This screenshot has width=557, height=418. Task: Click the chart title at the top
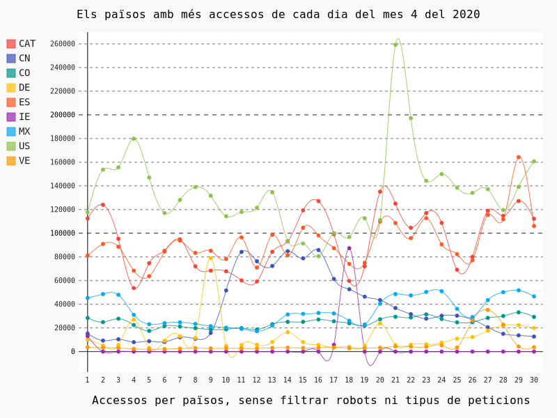(278, 15)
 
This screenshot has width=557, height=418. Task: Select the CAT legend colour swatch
(11, 44)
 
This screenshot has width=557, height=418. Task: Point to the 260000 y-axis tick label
(62, 44)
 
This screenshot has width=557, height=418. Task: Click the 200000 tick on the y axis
(62, 115)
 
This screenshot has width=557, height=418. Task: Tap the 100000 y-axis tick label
(62, 233)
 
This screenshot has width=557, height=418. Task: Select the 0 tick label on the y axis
(72, 352)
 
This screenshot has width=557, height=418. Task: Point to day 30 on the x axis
(534, 380)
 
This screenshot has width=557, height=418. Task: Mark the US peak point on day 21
(395, 45)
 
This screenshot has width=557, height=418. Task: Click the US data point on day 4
(134, 139)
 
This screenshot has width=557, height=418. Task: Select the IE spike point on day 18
(350, 248)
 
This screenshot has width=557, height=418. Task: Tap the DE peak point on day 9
(210, 258)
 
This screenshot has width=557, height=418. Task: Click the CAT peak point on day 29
(519, 157)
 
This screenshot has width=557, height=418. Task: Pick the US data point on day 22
(411, 118)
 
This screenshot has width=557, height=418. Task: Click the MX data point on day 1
(88, 298)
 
